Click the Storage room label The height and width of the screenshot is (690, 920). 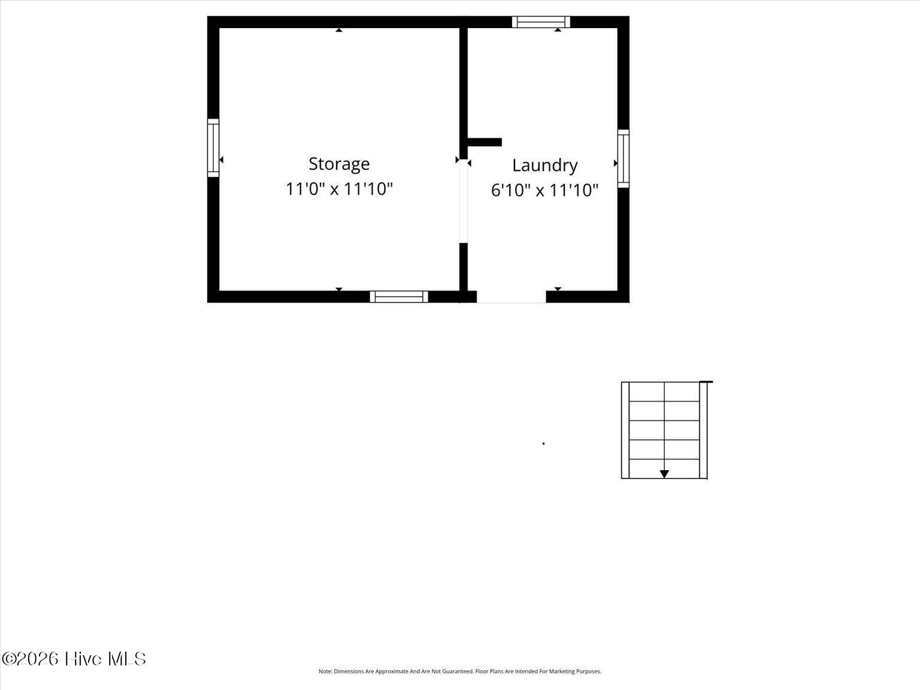[x=339, y=164]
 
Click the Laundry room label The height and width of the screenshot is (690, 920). [x=545, y=165]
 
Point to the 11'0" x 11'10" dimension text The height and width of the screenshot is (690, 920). [x=339, y=189]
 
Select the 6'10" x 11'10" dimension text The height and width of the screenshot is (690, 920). [x=544, y=190]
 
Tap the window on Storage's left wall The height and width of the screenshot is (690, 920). [x=213, y=148]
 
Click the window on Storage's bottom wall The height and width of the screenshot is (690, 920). [x=399, y=296]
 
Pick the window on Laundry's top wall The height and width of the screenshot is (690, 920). [x=541, y=22]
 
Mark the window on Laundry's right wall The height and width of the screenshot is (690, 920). [x=624, y=158]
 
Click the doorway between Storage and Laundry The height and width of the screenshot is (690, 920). [x=464, y=201]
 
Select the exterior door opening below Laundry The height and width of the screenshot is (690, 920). [x=512, y=296]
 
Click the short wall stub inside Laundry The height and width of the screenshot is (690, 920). [x=485, y=142]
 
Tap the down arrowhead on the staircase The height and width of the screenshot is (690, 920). [x=664, y=474]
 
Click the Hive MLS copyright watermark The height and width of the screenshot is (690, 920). [x=74, y=659]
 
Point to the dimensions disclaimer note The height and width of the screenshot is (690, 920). [x=460, y=671]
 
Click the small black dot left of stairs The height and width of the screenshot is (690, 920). [x=544, y=443]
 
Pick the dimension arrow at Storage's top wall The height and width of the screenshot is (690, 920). [x=339, y=30]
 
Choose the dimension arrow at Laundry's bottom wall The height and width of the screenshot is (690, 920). [x=558, y=289]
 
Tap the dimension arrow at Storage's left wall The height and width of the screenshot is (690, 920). [x=221, y=159]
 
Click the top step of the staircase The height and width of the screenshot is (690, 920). [x=664, y=392]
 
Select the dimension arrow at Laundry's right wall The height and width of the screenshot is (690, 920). [x=616, y=164]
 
